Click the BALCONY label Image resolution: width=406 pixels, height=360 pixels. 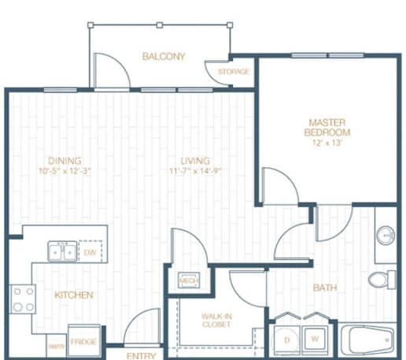click(164, 56)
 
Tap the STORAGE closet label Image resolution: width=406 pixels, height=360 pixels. click(234, 72)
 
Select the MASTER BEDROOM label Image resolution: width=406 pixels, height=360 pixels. click(329, 128)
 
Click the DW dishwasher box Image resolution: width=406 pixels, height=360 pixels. click(90, 252)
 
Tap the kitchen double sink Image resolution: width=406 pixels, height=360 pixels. click(61, 252)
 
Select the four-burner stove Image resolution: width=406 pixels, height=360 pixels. click(23, 299)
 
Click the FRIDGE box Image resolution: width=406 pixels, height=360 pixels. click(83, 343)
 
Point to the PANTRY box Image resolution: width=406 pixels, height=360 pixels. click(57, 344)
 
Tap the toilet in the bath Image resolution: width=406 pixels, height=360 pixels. click(384, 280)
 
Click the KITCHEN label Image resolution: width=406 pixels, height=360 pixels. click(74, 295)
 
